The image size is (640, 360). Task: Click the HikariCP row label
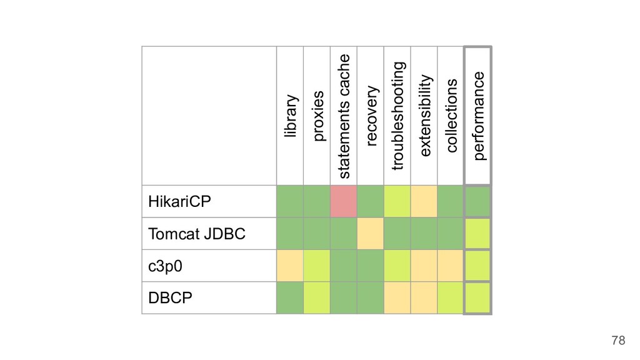click(179, 202)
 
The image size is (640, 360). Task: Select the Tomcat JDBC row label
click(197, 234)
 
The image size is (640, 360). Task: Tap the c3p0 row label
click(165, 266)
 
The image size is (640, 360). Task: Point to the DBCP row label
click(170, 298)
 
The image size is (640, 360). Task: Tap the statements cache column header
click(344, 116)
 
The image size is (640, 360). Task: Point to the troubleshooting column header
click(397, 116)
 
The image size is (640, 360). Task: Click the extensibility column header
click(424, 116)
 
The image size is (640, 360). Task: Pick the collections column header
click(451, 116)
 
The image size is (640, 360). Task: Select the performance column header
click(478, 116)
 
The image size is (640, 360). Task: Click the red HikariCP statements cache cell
click(344, 201)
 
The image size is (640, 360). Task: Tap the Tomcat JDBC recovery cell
click(371, 234)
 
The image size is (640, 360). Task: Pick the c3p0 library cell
click(290, 266)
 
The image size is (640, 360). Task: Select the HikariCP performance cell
click(477, 202)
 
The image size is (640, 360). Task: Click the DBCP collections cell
click(451, 298)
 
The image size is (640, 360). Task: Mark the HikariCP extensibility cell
click(424, 201)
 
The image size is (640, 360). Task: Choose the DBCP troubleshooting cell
click(397, 298)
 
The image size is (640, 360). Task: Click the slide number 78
click(618, 340)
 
